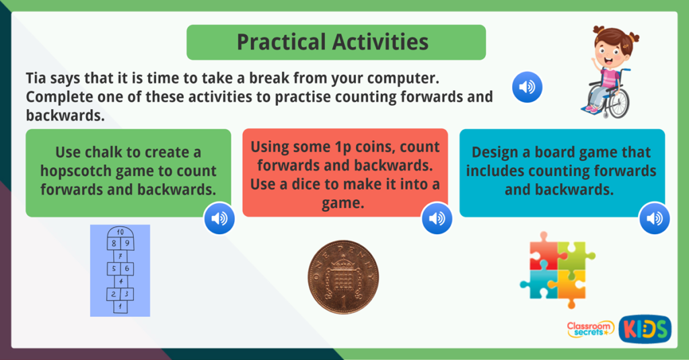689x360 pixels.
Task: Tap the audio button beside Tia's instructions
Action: [x=527, y=87]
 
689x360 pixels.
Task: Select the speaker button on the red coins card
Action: [x=436, y=218]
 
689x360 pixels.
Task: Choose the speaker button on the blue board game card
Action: [x=654, y=218]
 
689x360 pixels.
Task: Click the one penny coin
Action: [x=343, y=277]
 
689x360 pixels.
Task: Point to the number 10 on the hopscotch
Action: [x=119, y=232]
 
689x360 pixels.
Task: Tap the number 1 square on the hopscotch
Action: [x=120, y=307]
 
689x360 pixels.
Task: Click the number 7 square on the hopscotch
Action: [x=120, y=256]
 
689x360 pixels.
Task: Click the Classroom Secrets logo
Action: [x=590, y=329]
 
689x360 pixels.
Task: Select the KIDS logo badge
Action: [x=645, y=328]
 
